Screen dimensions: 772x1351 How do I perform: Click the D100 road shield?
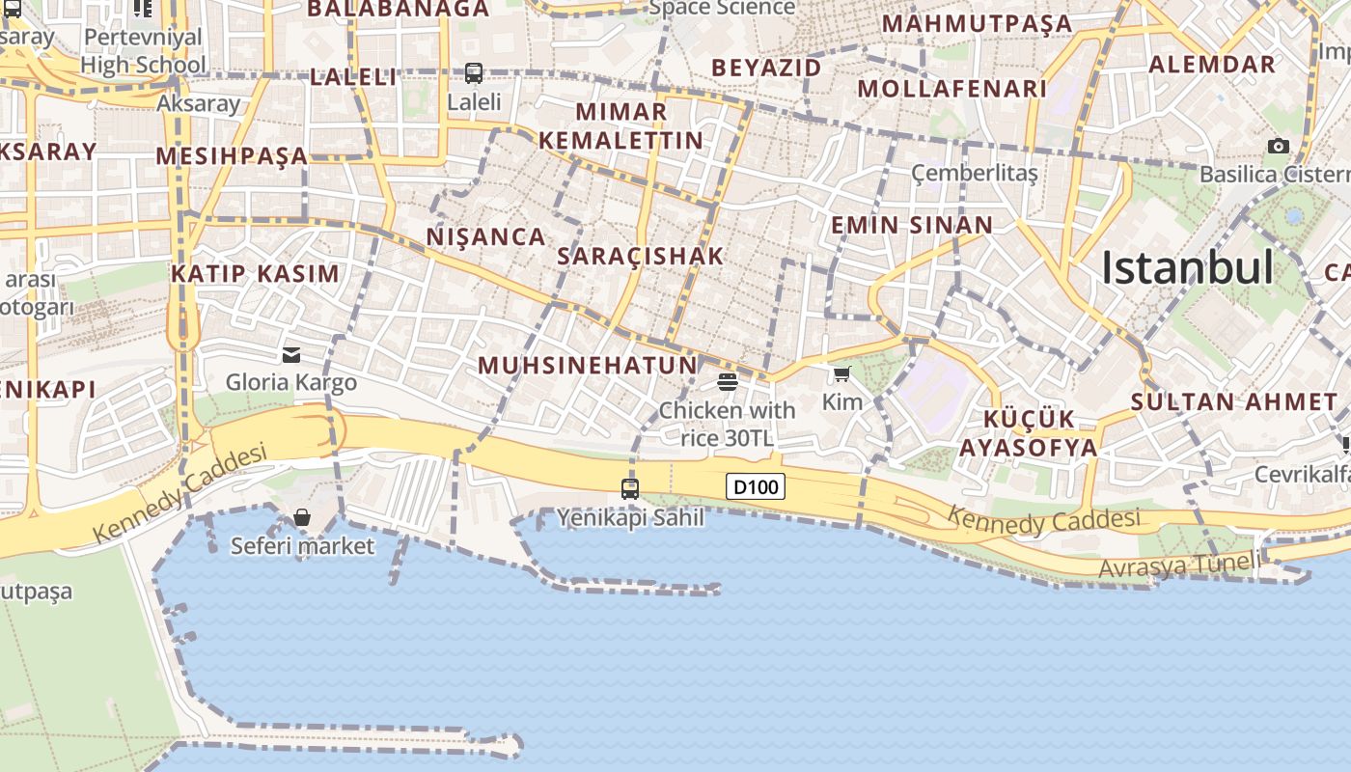click(755, 487)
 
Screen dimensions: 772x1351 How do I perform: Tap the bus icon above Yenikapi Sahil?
click(630, 489)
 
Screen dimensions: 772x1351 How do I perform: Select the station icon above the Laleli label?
click(474, 72)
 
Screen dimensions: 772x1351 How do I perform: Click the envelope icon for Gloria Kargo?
click(291, 355)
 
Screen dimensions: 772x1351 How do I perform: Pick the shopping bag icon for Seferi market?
click(302, 518)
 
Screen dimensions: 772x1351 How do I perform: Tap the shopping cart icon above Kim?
click(842, 374)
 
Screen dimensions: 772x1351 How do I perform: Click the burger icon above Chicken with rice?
click(728, 382)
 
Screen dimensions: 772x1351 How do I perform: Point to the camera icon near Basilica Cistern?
click(1279, 147)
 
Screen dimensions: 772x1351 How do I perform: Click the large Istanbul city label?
click(1188, 267)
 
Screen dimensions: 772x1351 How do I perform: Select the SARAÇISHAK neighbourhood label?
click(641, 257)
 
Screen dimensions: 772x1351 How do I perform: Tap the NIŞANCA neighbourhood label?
click(486, 236)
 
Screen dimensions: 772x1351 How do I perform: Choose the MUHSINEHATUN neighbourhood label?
click(588, 366)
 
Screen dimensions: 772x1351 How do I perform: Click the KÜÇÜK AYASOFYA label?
click(1029, 433)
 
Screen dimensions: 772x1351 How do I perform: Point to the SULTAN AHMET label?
click(1234, 402)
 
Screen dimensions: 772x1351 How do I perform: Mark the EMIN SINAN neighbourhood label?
click(912, 226)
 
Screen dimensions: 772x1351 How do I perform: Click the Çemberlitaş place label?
click(975, 173)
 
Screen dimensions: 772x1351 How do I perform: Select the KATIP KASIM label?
click(256, 274)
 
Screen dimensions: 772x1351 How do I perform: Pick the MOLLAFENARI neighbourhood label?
click(951, 89)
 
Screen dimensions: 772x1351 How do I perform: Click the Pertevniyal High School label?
click(143, 51)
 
